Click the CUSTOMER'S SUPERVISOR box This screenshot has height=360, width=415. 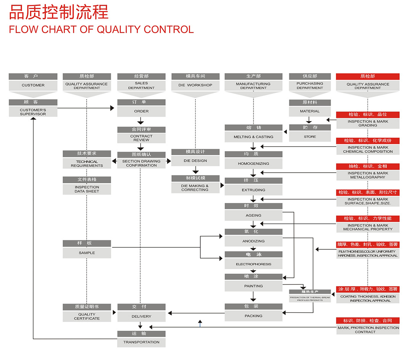click(33, 112)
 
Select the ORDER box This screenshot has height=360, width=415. click(141, 111)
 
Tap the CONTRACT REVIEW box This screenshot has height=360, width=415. click(141, 138)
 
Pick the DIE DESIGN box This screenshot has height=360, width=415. click(195, 160)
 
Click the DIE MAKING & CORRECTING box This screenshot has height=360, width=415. click(195, 188)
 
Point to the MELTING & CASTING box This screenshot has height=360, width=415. click(253, 137)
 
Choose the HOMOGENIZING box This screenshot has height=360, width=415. click(253, 163)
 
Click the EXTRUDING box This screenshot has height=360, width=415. click(253, 190)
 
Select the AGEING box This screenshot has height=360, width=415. click(253, 215)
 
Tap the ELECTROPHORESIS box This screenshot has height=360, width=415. click(253, 264)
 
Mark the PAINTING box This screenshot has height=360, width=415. click(253, 286)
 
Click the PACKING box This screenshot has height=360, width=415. click(253, 316)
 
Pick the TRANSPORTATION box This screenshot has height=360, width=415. click(141, 342)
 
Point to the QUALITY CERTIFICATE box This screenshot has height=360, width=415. click(87, 316)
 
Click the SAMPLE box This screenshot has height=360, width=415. click(87, 253)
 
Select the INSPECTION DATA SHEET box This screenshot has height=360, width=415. click(87, 189)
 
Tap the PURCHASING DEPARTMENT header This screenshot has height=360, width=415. click(310, 86)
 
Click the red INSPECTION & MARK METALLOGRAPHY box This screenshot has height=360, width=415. click(367, 175)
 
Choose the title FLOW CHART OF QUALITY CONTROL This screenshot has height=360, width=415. click(101, 29)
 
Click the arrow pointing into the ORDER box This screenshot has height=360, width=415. click(112, 108)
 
